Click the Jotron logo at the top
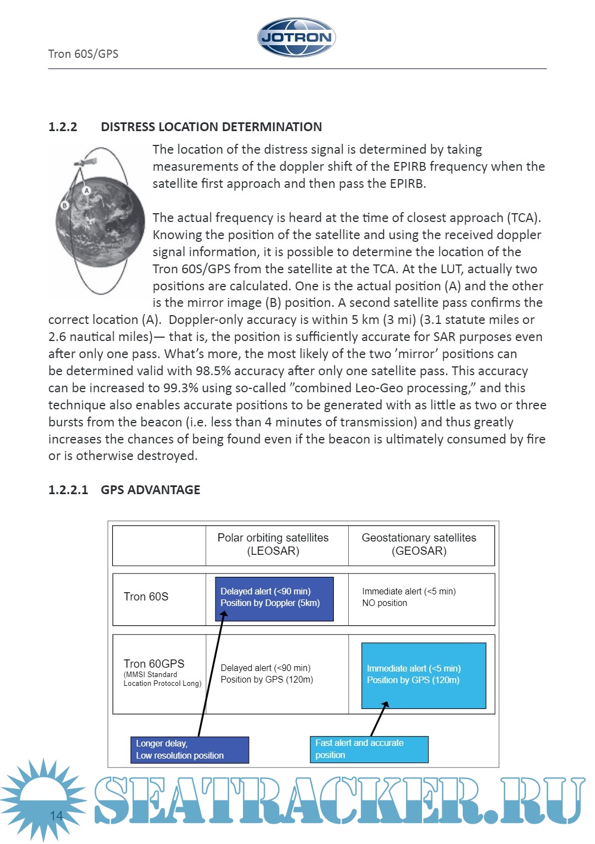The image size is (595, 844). coord(296,37)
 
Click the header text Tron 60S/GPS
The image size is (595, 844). coord(83,54)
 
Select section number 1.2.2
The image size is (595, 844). coord(63,127)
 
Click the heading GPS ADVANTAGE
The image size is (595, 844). coord(150,490)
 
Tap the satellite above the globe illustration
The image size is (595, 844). coord(85,163)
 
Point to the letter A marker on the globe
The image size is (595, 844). coord(86,191)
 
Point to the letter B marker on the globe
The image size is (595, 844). coord(64,205)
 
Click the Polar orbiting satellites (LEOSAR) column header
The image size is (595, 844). coord(273,544)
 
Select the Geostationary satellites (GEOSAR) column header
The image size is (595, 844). coord(419,544)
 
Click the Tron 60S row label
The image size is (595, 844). coord(146,597)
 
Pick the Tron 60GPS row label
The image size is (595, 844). coord(154,664)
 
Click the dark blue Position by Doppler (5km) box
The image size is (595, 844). coord(274,598)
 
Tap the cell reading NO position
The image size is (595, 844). coord(385,603)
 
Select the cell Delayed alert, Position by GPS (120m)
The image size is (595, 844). coord(267,674)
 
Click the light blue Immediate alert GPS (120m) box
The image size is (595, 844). coord(423,675)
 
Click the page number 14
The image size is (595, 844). coord(56,815)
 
